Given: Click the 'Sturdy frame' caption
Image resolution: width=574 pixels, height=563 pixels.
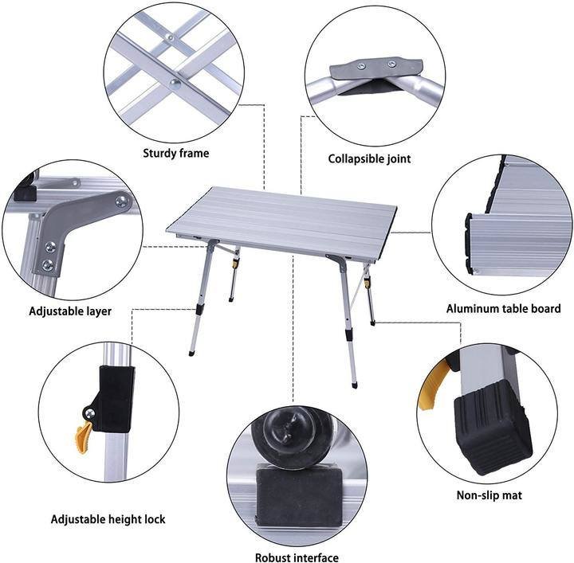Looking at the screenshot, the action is tap(175, 153).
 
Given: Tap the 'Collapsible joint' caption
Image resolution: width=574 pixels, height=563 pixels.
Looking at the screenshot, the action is tap(369, 159).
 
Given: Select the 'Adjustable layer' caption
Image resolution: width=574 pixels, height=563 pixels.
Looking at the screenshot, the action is tap(70, 311).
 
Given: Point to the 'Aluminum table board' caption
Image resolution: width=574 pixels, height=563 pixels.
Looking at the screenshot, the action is tap(503, 308).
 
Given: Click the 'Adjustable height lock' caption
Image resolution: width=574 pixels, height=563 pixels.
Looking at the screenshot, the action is tap(108, 519).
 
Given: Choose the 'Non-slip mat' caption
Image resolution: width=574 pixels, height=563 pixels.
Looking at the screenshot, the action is tap(489, 495).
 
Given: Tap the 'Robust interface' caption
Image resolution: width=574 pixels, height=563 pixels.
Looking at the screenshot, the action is tap(297, 557).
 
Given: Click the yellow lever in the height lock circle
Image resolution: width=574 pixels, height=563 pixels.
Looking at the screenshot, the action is tap(84, 437).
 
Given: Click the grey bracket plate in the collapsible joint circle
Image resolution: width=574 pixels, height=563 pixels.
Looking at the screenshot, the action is tap(376, 68).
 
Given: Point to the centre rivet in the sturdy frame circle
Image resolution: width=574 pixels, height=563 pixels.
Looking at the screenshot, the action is tap(175, 84).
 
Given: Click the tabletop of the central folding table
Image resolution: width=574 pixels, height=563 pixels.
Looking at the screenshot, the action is tap(282, 219).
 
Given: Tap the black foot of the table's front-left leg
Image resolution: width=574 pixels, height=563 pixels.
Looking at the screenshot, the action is tap(191, 353).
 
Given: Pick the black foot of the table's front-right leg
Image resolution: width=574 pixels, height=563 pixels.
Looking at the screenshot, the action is tap(354, 385).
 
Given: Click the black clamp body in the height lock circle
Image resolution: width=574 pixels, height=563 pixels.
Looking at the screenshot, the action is tap(113, 398).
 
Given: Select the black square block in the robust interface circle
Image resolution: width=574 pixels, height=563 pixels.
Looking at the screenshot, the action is tap(300, 495).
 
